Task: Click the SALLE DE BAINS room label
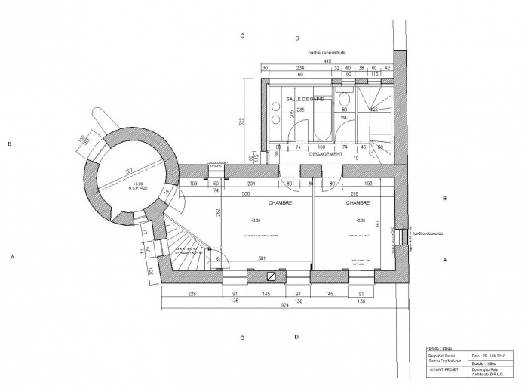point(305,100)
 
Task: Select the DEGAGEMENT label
point(326,154)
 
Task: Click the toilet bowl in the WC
point(344,102)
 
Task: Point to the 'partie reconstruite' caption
point(326,53)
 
